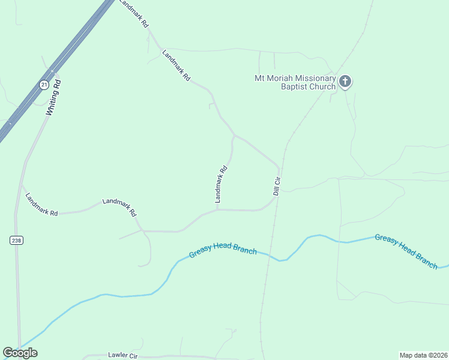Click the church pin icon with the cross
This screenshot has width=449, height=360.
click(345, 81)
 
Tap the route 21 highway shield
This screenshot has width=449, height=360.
click(44, 85)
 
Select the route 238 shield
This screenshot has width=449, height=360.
click(16, 240)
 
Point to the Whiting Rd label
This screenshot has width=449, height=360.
click(54, 97)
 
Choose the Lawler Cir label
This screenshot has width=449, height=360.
click(123, 356)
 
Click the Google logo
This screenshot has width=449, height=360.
click(20, 353)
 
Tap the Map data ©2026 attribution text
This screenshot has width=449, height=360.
click(423, 355)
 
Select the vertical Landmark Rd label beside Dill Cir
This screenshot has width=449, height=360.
click(221, 183)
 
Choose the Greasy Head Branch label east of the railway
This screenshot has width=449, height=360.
click(406, 250)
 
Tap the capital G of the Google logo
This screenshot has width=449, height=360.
click(8, 353)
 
